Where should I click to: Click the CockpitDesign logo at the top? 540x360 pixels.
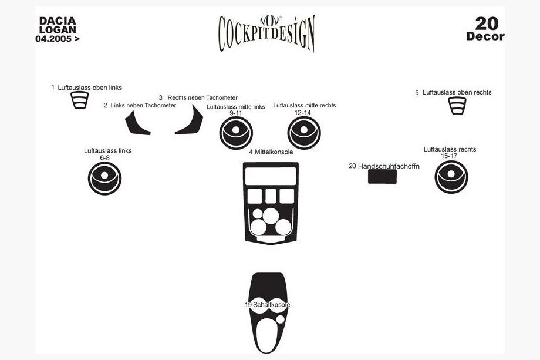[x=267, y=33]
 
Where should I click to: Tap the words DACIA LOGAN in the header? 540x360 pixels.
[x=58, y=25]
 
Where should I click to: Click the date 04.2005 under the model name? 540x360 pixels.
[x=57, y=39]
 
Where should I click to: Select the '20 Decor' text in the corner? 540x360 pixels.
[x=485, y=29]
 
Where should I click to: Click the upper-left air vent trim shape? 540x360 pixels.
[x=80, y=100]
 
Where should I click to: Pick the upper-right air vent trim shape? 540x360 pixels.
[x=457, y=106]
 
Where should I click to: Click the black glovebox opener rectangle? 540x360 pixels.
[x=382, y=177]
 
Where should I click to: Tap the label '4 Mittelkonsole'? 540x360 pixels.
[x=271, y=152]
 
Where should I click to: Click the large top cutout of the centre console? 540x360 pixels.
[x=271, y=176]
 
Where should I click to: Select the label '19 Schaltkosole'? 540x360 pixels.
[x=267, y=305]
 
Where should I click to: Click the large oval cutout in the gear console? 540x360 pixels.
[x=266, y=335]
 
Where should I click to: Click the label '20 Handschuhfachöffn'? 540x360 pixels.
[x=384, y=166]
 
